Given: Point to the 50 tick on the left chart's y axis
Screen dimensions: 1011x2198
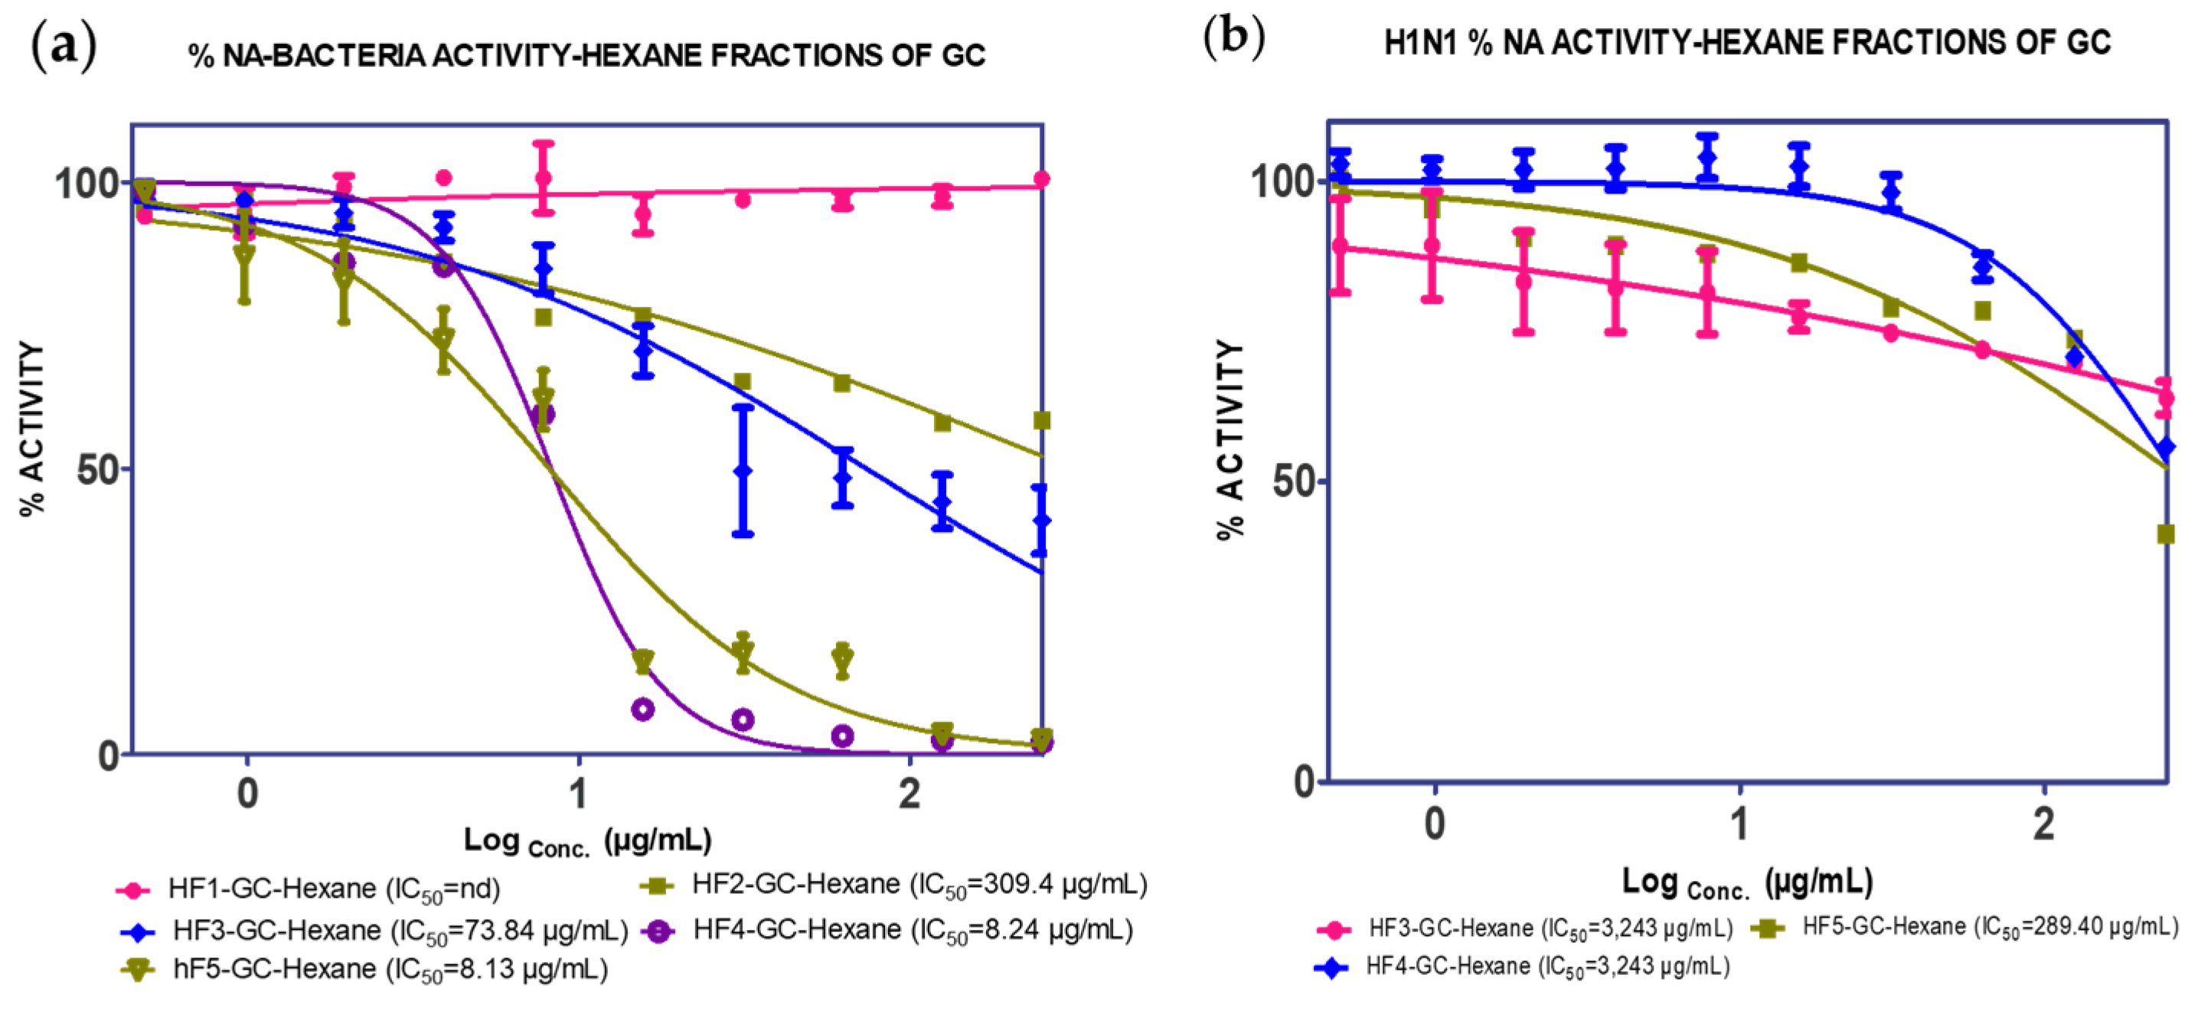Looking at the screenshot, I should (x=96, y=470).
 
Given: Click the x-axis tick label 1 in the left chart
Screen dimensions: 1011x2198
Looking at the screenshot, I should (x=580, y=794).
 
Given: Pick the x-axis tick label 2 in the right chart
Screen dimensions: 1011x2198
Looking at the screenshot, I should (x=2043, y=824).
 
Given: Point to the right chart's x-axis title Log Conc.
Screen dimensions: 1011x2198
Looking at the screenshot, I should (x=1746, y=882).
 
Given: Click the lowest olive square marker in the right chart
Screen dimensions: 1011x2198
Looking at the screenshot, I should (x=2165, y=535).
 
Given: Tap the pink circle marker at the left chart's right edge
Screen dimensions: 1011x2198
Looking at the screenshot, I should (x=1041, y=179).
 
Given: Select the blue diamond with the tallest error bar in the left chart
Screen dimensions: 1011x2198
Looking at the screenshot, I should (x=743, y=470).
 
